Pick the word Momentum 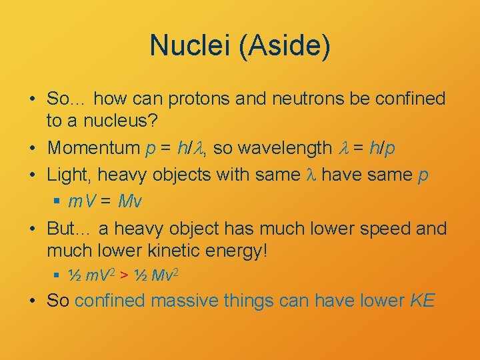click(93, 147)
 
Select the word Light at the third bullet click(69, 175)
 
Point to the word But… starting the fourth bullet click(69, 228)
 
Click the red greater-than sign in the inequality click(125, 274)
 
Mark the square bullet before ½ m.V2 click(58, 274)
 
